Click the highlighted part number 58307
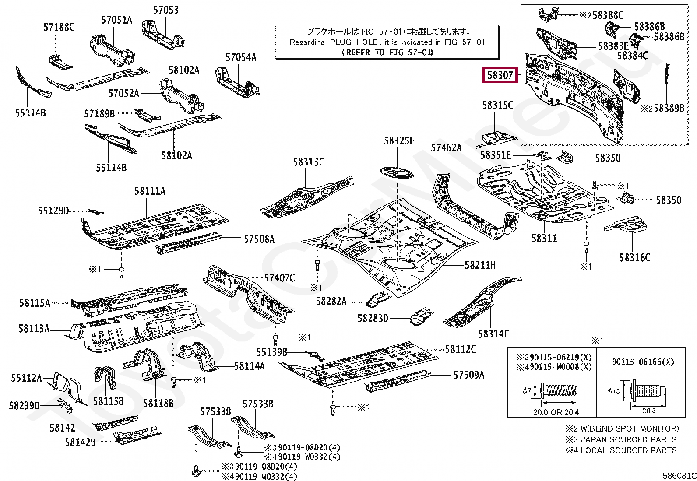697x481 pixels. (500, 75)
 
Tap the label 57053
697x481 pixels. (166, 10)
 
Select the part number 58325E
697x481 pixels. (399, 140)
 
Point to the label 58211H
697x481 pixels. (480, 265)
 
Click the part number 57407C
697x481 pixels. (279, 278)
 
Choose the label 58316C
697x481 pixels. (634, 257)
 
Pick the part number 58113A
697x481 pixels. (34, 328)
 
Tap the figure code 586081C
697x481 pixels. (679, 475)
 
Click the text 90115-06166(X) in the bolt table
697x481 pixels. (643, 362)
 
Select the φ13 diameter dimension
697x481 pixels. (613, 391)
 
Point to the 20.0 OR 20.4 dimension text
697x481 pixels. (556, 412)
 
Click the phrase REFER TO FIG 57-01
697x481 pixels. (387, 52)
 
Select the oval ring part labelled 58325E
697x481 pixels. (397, 172)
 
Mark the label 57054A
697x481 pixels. (241, 57)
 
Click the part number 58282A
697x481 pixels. (331, 301)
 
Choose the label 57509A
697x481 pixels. (468, 375)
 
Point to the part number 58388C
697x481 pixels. (608, 15)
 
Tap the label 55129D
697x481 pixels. (53, 211)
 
